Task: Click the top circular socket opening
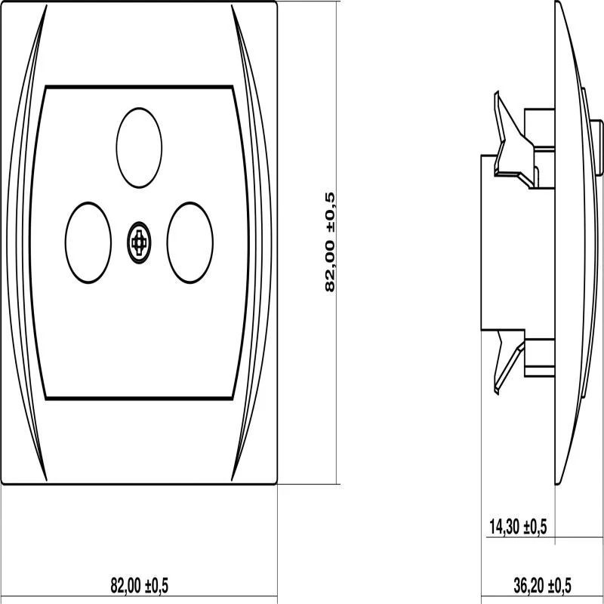click(140, 147)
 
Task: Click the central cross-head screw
click(138, 242)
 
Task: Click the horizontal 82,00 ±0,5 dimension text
click(140, 584)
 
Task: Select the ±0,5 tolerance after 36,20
click(559, 584)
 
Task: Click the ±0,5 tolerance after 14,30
click(537, 527)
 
